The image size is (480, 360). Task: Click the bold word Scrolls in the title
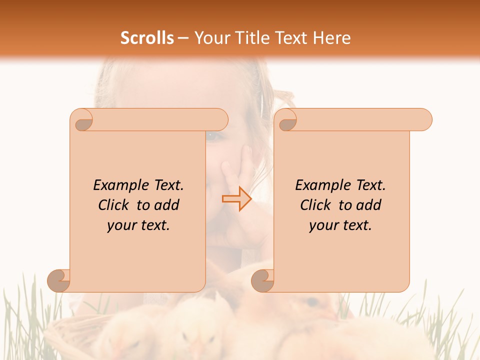click(x=147, y=38)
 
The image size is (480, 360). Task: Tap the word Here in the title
click(x=332, y=38)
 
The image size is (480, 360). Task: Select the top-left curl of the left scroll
click(x=82, y=120)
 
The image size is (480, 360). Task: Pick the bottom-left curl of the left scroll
click(x=59, y=280)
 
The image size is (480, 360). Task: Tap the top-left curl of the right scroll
click(x=286, y=120)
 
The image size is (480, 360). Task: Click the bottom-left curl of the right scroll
click(x=263, y=280)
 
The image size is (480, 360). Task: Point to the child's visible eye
click(x=214, y=135)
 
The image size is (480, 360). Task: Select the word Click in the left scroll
click(x=115, y=205)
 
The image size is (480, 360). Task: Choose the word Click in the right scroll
click(x=317, y=205)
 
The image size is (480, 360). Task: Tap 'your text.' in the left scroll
click(x=138, y=226)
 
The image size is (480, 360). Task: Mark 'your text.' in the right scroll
click(x=340, y=226)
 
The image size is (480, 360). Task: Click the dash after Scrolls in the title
click(x=183, y=38)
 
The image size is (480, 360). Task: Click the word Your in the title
click(x=211, y=38)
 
